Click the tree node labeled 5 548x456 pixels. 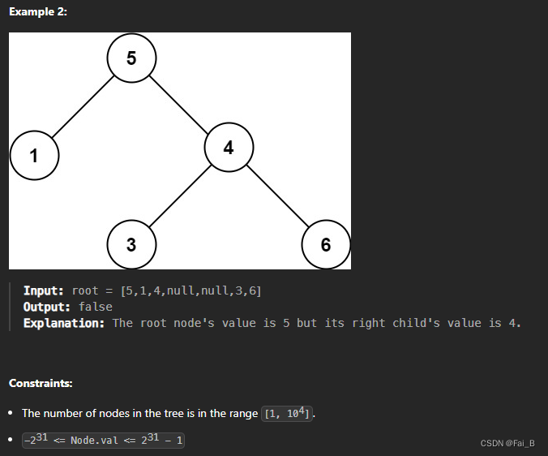pos(131,58)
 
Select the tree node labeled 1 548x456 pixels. pos(34,155)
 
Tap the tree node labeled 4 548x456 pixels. pos(229,148)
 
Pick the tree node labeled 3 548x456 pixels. pos(131,243)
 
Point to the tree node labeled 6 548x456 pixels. pos(325,243)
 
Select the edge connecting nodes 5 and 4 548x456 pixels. pos(180,103)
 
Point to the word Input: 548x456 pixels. pos(44,290)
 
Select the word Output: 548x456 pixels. pos(47,307)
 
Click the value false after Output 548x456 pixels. pos(96,307)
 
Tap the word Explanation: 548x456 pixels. pos(64,323)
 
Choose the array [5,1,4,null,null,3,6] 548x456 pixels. pos(191,290)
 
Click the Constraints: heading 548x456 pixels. pos(41,382)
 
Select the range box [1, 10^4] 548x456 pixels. pos(288,413)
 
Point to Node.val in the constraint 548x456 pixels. pos(95,440)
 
